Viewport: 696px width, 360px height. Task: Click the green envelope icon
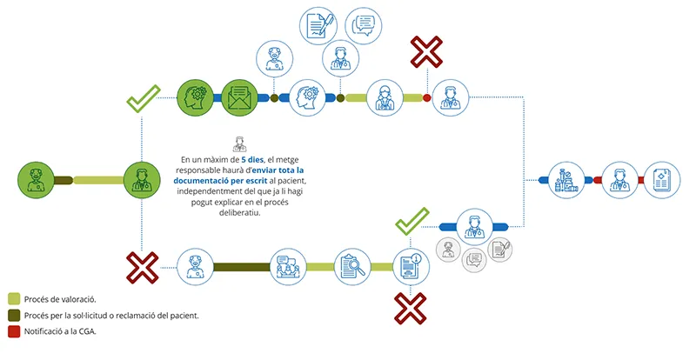click(x=240, y=97)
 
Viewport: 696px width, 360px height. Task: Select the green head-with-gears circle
click(x=195, y=97)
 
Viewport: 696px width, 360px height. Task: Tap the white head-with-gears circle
click(x=307, y=97)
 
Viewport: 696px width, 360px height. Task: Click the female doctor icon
click(x=385, y=98)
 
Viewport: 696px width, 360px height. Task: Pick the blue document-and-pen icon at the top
click(x=318, y=25)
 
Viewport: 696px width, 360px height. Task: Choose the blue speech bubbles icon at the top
click(x=363, y=25)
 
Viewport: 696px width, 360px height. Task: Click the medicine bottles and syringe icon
click(x=566, y=180)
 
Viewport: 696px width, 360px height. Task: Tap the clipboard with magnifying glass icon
click(x=352, y=267)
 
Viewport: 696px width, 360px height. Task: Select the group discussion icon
click(x=288, y=267)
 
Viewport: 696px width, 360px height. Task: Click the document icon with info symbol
click(x=411, y=267)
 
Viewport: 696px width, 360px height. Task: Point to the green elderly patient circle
click(x=36, y=180)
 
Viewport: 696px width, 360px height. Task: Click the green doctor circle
click(x=142, y=180)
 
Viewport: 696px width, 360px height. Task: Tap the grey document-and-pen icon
click(x=500, y=250)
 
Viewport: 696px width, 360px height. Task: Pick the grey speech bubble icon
click(x=474, y=259)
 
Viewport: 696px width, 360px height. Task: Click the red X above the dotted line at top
click(x=426, y=52)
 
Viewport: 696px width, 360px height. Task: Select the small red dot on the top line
click(x=426, y=97)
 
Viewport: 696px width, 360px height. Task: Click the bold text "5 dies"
click(x=252, y=159)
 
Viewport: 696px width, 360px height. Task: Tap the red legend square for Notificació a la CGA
click(x=14, y=331)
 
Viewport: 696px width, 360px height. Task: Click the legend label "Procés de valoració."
click(x=60, y=299)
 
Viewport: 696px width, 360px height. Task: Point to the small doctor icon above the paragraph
click(x=240, y=144)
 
